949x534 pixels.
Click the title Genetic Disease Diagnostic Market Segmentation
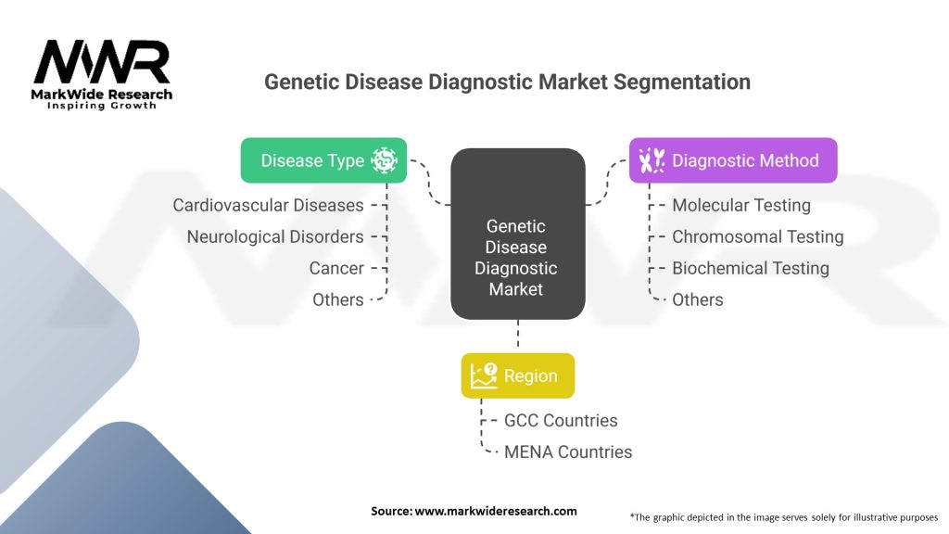507,82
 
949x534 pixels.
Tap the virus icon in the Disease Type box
384,160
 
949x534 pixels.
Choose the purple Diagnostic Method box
733,160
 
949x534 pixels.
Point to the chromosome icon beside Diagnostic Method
652,160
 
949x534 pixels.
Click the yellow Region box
518,375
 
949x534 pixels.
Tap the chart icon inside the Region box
484,375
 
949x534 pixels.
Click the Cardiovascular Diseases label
268,205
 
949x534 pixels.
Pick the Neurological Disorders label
275,236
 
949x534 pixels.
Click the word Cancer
336,268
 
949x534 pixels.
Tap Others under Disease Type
337,299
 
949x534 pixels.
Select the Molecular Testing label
740,205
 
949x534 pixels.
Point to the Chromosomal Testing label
757,236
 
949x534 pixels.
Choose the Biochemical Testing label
750,268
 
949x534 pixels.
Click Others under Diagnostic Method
697,299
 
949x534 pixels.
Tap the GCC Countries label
561,420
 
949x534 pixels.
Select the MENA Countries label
568,451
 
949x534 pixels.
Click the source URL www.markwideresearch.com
496,511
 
